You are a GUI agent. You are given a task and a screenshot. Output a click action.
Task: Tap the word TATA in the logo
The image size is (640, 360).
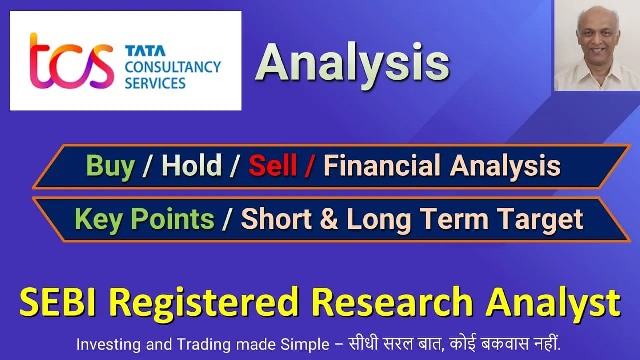[x=145, y=51]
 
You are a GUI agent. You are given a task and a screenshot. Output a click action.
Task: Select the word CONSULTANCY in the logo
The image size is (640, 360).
[x=173, y=67]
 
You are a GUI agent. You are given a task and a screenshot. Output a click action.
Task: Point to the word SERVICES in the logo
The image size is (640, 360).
[x=155, y=83]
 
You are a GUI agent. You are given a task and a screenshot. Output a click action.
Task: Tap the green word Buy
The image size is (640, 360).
[x=110, y=166]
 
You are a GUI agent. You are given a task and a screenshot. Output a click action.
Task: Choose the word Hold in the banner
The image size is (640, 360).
[x=191, y=165]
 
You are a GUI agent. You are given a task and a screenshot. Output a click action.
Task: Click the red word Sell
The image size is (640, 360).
[x=273, y=165]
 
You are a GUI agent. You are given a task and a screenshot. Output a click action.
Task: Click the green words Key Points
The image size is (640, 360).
[x=144, y=219]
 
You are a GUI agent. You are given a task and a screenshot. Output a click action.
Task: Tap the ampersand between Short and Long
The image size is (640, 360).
[x=329, y=219]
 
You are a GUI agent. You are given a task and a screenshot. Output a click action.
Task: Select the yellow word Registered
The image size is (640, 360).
[x=204, y=303]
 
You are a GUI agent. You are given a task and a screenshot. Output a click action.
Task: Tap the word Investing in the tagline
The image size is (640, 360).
[x=108, y=345]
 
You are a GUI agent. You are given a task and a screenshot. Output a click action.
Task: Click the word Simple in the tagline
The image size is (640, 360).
[x=305, y=345]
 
